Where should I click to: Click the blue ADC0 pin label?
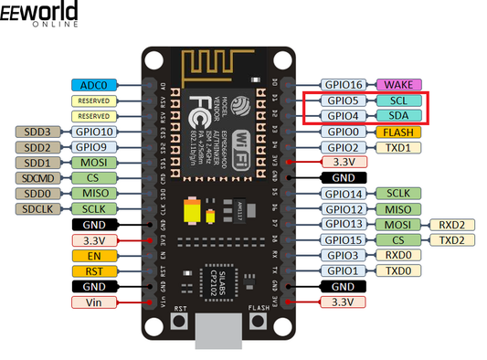(95, 85)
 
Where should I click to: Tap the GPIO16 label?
(344, 85)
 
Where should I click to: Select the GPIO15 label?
(344, 239)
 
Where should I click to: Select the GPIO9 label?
(95, 146)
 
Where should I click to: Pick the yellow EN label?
(95, 255)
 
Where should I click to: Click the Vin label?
(95, 302)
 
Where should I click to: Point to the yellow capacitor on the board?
(193, 212)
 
